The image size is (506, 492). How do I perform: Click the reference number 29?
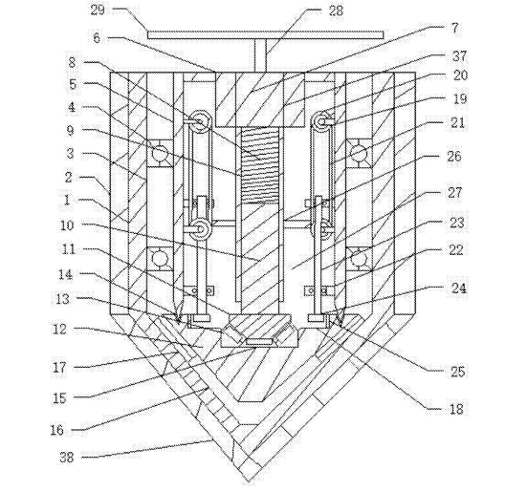(99, 10)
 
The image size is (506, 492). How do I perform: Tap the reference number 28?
(336, 11)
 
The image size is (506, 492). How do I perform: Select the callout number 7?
(454, 29)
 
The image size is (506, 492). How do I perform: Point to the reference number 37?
(459, 56)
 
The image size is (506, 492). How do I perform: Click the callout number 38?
(66, 457)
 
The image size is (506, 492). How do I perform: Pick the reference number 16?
(57, 430)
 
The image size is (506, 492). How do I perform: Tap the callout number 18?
(456, 409)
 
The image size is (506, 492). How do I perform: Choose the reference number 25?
(457, 372)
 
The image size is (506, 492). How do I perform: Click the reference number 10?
(67, 225)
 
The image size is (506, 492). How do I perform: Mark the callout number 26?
(454, 157)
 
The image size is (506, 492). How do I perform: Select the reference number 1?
(67, 200)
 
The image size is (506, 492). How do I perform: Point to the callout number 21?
(457, 122)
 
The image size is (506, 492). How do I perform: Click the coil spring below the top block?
(260, 165)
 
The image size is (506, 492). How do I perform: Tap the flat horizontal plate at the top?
(266, 34)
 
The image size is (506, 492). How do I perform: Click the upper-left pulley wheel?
(201, 121)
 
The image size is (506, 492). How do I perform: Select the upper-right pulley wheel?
(320, 121)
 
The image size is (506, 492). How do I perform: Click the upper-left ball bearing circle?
(161, 153)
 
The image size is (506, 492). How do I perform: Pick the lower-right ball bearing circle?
(359, 259)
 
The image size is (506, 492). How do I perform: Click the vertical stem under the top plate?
(260, 55)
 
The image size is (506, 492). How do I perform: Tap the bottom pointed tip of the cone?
(248, 481)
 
